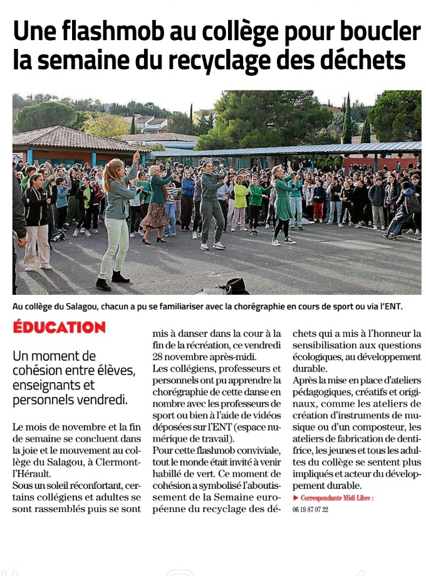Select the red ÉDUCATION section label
(60, 328)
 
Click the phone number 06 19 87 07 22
(310, 509)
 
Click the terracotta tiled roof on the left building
(69, 138)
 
